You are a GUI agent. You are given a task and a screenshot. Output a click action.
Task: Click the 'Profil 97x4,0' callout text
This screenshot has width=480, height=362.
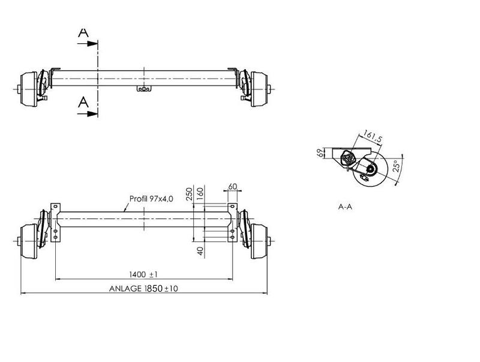pyautogui.click(x=151, y=199)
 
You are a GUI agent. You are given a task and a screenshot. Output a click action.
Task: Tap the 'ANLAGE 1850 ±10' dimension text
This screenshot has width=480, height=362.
pyautogui.click(x=143, y=288)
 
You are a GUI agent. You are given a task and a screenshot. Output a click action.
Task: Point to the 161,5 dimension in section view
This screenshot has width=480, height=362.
pyautogui.click(x=373, y=138)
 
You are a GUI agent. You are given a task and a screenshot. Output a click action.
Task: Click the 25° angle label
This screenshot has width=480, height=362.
pyautogui.click(x=395, y=166)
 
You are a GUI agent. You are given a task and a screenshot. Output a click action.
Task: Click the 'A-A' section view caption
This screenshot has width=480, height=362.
pyautogui.click(x=345, y=207)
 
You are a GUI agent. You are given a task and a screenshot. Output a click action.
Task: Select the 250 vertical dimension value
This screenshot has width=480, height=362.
pyautogui.click(x=190, y=193)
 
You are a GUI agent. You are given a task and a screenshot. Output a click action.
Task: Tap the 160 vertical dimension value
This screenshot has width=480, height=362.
pyautogui.click(x=200, y=193)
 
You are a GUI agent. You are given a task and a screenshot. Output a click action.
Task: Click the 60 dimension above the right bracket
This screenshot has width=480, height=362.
pyautogui.click(x=232, y=187)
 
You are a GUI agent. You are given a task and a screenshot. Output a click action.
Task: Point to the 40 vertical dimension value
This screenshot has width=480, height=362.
pyautogui.click(x=200, y=250)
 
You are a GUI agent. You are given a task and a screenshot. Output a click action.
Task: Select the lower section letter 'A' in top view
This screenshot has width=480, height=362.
pyautogui.click(x=83, y=103)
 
